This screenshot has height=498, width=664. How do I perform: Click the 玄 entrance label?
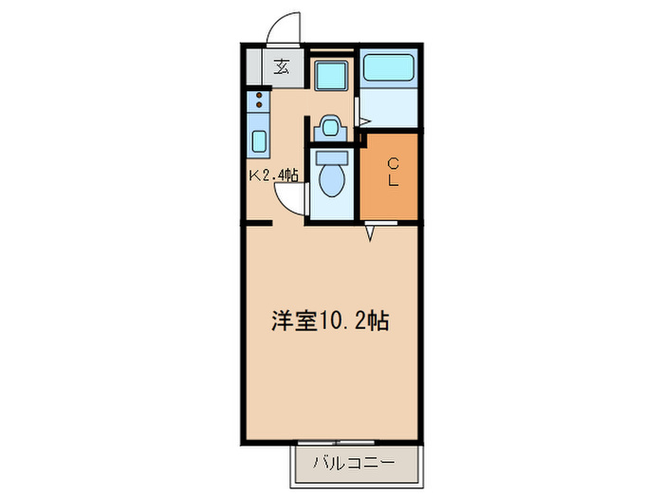pos(282,67)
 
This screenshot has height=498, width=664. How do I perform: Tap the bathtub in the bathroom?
pos(390,68)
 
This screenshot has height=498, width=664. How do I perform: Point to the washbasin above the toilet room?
pos(329,124)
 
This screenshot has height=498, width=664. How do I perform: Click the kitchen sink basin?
pos(258,141)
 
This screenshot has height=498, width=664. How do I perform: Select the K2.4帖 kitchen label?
pos(273,175)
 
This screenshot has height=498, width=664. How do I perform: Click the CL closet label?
pos(390,171)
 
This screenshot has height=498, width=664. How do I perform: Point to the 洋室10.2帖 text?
pos(329,321)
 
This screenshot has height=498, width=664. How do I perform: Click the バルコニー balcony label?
pos(354,465)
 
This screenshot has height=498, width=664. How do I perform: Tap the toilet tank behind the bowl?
pos(332,157)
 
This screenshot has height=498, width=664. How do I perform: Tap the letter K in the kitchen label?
pos(253,175)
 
